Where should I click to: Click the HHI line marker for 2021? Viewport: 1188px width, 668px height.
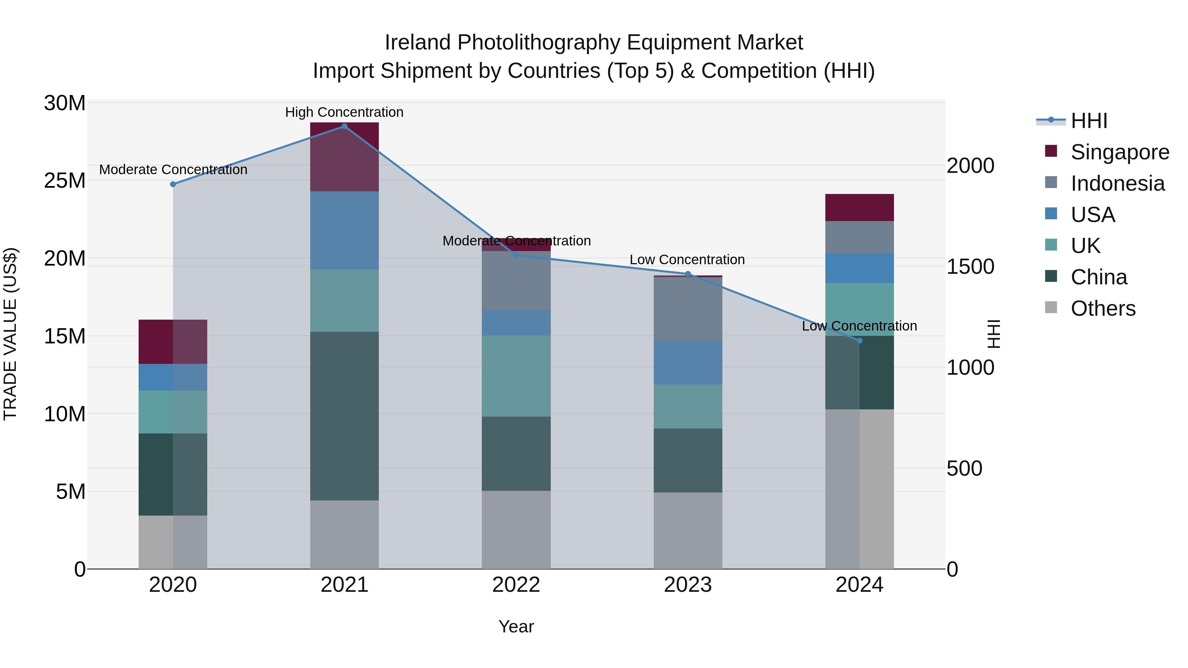pos(344,126)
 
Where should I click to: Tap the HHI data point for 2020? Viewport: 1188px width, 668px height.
pos(173,184)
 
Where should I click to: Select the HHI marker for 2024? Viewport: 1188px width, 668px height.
pos(859,341)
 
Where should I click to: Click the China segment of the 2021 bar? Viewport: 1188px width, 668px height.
pos(344,416)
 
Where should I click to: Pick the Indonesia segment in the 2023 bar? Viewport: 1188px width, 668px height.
pos(688,309)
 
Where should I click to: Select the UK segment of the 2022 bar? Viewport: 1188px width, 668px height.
pos(516,376)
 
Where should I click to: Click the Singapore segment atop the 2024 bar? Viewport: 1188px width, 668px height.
pos(859,207)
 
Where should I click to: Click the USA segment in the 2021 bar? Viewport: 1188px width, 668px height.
pos(344,231)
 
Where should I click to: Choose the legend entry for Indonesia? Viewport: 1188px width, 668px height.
pos(1117,183)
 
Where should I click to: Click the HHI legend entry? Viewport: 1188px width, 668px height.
pos(1088,121)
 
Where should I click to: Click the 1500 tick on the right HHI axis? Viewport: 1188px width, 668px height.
pos(970,267)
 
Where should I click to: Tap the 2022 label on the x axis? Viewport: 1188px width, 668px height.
pos(516,585)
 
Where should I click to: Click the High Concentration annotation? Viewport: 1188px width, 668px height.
pos(344,112)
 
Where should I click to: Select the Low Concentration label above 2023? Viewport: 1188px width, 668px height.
pos(687,260)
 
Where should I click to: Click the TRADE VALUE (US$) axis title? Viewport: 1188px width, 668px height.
pos(10,334)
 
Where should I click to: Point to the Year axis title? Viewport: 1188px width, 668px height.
pos(516,626)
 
